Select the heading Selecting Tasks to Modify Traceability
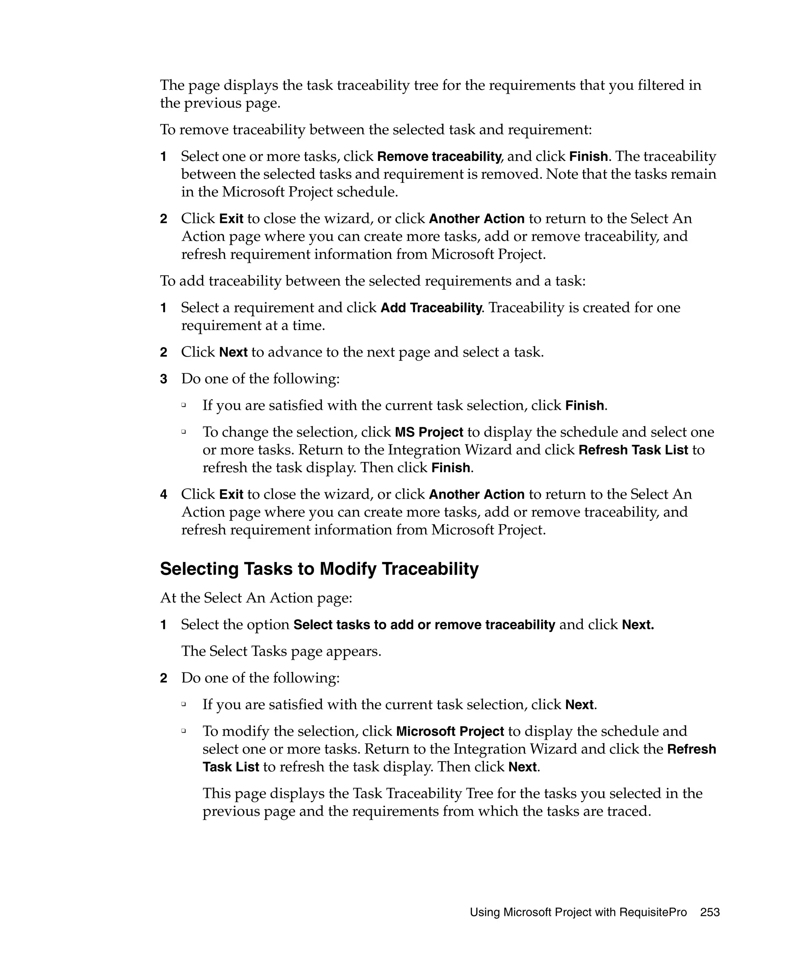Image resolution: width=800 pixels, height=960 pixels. (x=319, y=569)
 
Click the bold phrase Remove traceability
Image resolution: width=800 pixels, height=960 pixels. (x=439, y=157)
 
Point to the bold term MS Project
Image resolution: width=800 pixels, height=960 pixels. (x=429, y=432)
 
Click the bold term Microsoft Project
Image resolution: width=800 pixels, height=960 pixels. (x=450, y=731)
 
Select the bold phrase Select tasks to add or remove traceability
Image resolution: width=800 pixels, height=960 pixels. (x=424, y=625)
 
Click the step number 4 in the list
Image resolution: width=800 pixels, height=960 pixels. (x=164, y=494)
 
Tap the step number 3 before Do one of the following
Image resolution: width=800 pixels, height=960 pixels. (x=164, y=379)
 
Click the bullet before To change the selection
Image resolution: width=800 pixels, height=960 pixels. (x=184, y=432)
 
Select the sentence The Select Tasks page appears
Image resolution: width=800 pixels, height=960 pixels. (x=281, y=651)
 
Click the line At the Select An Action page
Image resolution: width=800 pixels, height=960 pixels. (x=256, y=598)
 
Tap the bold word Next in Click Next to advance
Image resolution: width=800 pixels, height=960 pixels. (x=233, y=352)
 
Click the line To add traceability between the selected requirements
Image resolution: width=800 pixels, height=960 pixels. (x=373, y=281)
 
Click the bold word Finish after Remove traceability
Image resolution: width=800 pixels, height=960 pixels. (x=588, y=157)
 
